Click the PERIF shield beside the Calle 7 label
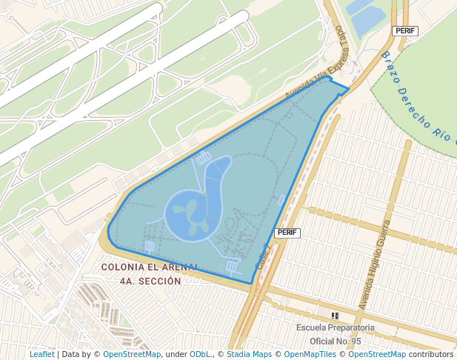coord(287,233)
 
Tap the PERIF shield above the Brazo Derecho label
coord(405,30)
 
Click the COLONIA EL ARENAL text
coord(150,267)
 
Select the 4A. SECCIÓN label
coord(150,281)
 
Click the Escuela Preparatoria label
coord(335,327)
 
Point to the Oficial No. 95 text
coord(335,341)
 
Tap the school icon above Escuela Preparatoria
coord(335,316)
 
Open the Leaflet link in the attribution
coord(42,354)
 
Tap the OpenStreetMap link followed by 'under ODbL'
coord(132,354)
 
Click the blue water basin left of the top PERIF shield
coord(366,19)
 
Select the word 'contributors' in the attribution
coord(431,354)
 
